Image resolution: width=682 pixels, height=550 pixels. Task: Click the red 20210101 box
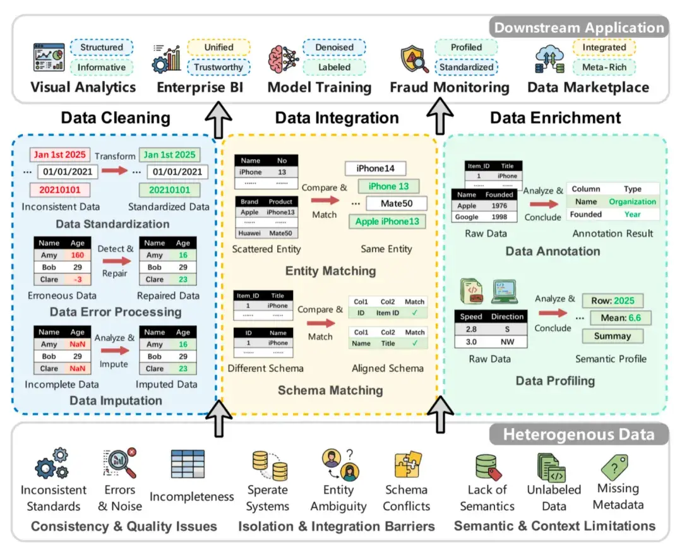click(59, 190)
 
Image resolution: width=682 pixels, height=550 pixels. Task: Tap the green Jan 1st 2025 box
click(170, 155)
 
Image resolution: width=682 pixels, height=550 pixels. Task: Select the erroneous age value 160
click(78, 255)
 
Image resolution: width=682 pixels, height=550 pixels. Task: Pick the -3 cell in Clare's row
click(78, 280)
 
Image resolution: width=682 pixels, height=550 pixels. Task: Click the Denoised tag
click(334, 47)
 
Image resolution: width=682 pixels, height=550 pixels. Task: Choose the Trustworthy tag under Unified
click(218, 68)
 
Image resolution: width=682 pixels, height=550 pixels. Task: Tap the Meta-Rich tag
click(604, 68)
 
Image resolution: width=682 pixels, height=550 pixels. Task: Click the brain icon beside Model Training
click(283, 59)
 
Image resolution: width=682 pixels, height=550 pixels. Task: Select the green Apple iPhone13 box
click(387, 222)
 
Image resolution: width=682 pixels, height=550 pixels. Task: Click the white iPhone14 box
click(375, 169)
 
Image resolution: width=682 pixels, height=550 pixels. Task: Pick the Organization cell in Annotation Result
click(632, 201)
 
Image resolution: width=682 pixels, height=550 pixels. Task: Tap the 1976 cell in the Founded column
click(500, 206)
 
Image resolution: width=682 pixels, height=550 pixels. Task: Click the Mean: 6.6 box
click(621, 318)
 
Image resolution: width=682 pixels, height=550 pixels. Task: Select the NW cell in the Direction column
click(507, 342)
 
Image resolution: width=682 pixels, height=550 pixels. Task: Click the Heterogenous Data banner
click(578, 434)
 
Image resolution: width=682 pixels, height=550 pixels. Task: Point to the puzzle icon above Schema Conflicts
click(407, 464)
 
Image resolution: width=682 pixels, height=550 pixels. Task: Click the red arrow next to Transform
click(114, 171)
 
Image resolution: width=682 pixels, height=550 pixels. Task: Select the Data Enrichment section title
click(556, 118)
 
